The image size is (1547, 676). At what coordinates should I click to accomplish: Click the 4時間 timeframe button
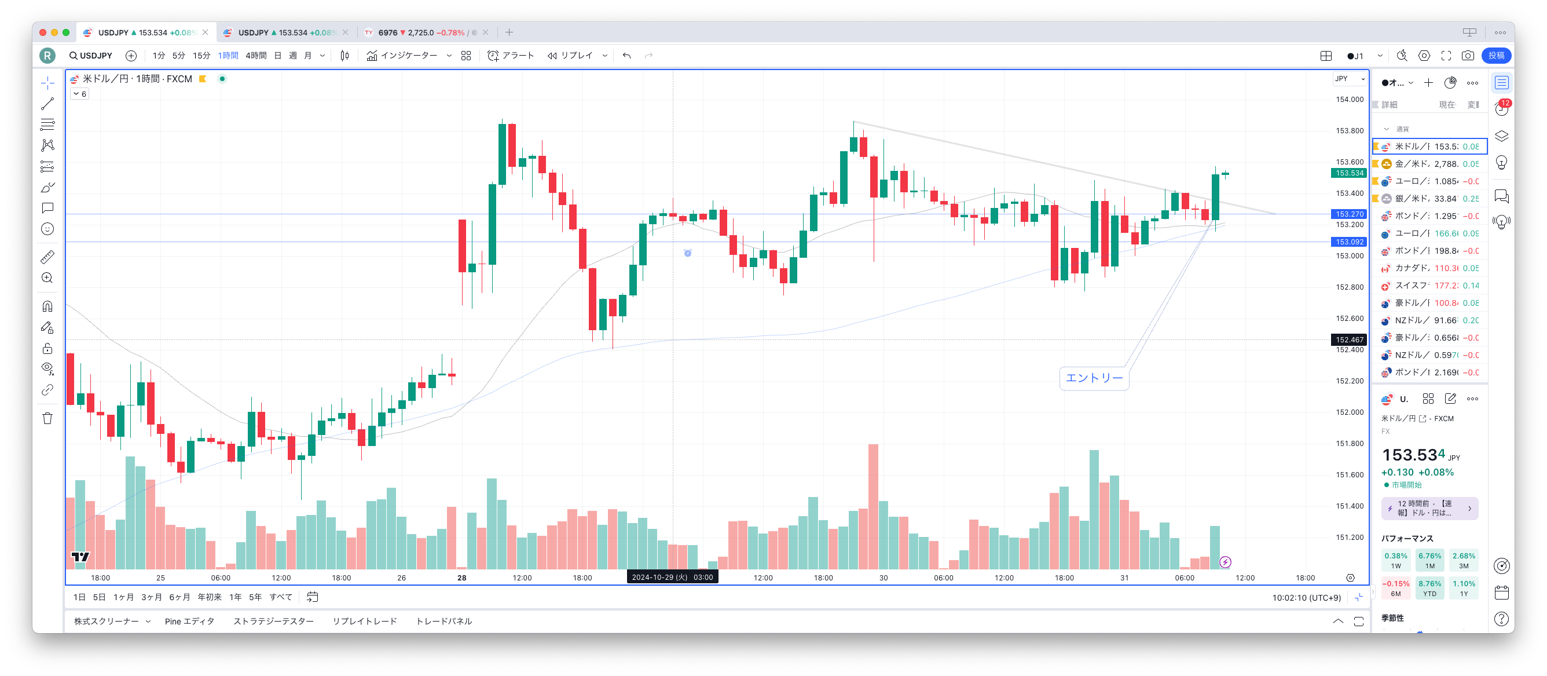[256, 56]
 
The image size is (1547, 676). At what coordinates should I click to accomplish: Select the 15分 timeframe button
[201, 56]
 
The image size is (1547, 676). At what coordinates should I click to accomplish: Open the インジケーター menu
[402, 56]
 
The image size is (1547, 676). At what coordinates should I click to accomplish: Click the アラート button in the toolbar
[511, 56]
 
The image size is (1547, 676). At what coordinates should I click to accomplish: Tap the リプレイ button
[570, 56]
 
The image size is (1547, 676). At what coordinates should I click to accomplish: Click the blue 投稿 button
[1496, 56]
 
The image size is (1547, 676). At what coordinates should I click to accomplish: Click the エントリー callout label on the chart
[1094, 378]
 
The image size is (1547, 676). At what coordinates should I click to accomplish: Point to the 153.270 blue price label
[1349, 214]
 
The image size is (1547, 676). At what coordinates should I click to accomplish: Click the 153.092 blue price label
[1349, 242]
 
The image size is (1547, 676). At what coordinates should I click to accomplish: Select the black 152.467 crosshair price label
[1349, 340]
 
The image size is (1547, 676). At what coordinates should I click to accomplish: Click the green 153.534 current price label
[1349, 173]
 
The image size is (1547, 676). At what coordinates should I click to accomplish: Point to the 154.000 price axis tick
[1349, 100]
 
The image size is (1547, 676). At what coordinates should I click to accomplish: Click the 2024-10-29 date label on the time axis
[672, 578]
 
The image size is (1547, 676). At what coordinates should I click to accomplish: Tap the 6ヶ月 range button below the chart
[179, 597]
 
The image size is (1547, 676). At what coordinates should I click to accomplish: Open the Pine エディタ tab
[189, 622]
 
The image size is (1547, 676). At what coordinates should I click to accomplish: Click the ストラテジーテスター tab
[273, 622]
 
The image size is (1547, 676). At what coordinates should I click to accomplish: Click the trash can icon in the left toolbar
[47, 419]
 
